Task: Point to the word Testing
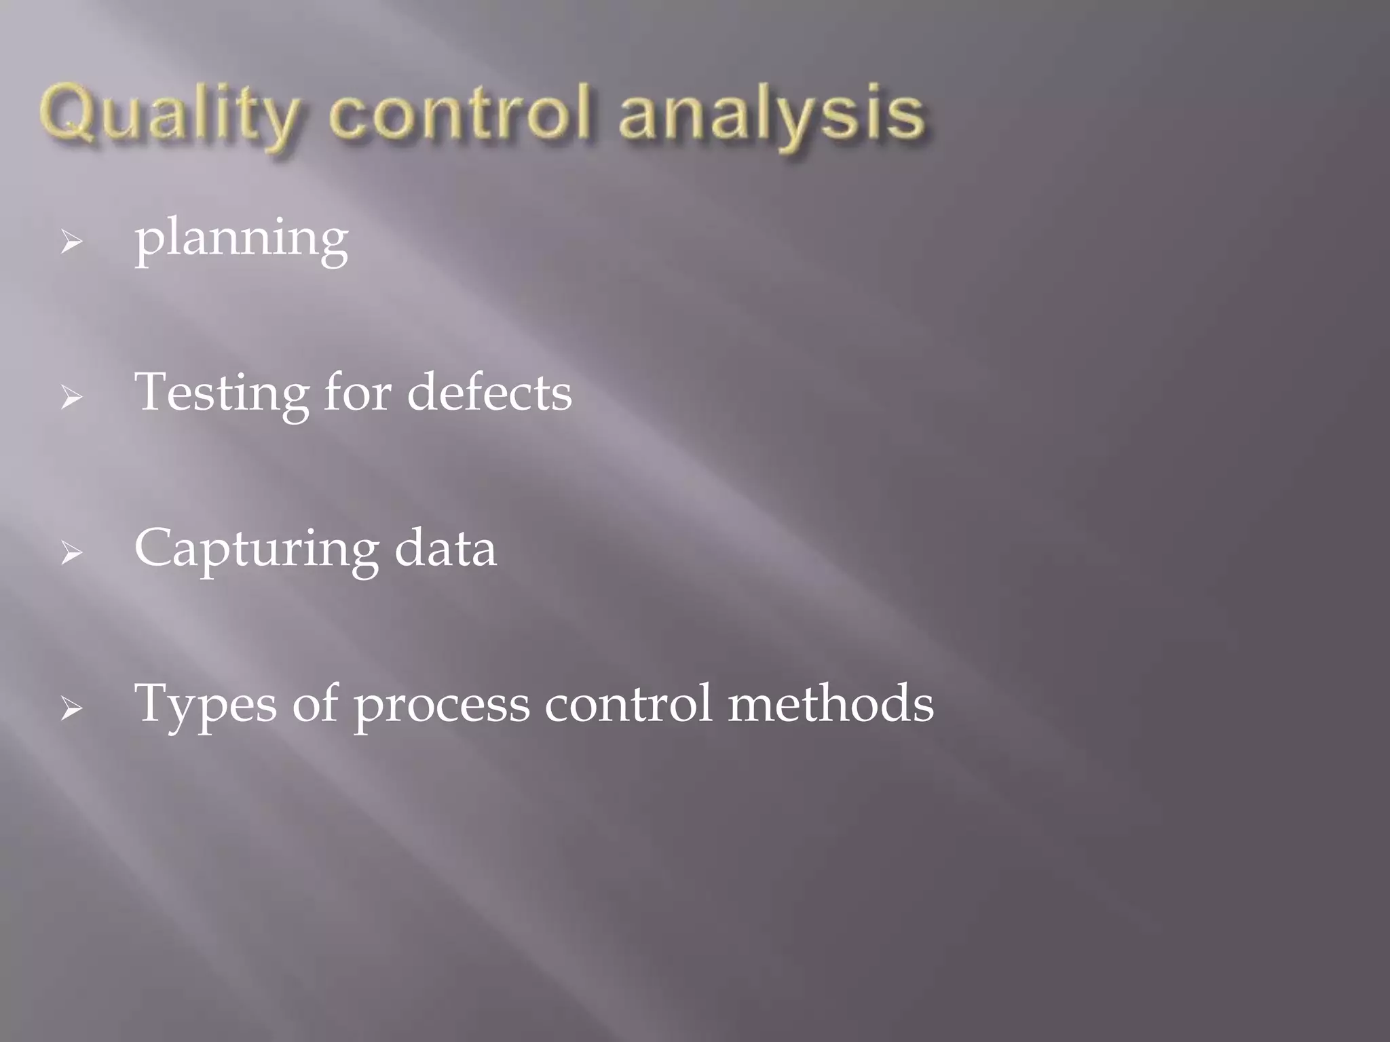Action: [x=221, y=393]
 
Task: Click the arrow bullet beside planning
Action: [x=71, y=242]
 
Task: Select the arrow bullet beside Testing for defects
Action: [x=71, y=397]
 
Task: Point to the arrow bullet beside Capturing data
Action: [x=71, y=553]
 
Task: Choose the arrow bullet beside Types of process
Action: [x=71, y=709]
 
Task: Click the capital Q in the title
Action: [x=67, y=113]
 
